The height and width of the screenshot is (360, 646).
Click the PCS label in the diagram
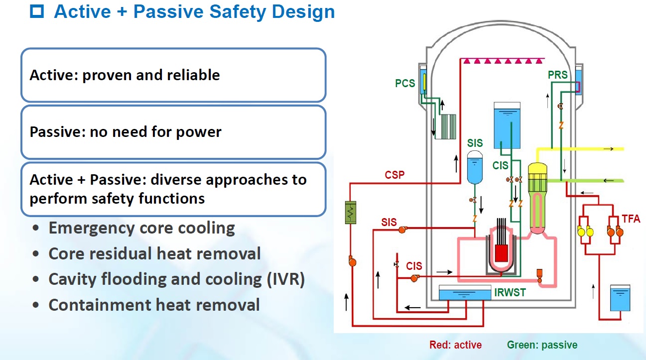[x=405, y=83]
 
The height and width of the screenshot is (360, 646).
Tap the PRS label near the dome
[x=557, y=75]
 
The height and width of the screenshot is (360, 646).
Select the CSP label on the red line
[x=394, y=175]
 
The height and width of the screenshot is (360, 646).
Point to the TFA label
[x=631, y=218]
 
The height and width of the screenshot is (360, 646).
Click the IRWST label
[x=510, y=292]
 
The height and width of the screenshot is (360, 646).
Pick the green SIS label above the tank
[x=475, y=143]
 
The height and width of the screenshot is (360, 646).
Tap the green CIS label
[x=501, y=166]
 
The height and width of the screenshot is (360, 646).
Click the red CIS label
[x=414, y=266]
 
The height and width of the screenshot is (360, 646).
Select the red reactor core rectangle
[x=501, y=254]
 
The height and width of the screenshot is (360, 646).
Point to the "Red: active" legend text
[x=455, y=345]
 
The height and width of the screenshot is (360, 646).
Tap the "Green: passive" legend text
[x=542, y=345]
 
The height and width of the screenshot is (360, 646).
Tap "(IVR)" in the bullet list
[x=283, y=279]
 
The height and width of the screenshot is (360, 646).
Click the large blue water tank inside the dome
[x=507, y=126]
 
